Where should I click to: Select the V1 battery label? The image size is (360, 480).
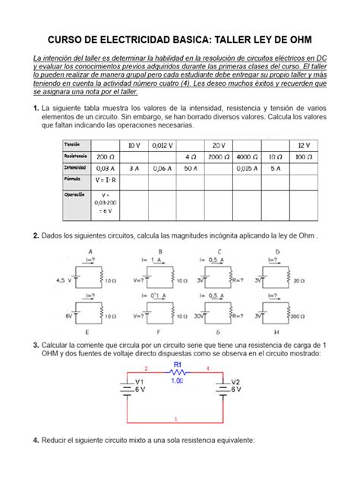tap(139, 381)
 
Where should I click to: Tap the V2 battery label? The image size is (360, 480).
tap(235, 381)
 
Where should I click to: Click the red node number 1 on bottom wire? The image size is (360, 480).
tap(176, 418)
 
